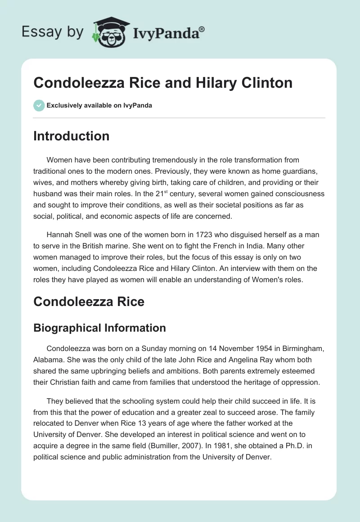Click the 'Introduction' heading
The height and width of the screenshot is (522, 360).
71,136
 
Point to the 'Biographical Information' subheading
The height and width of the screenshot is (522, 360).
99,328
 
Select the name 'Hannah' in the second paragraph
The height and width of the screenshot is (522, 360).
61,235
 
